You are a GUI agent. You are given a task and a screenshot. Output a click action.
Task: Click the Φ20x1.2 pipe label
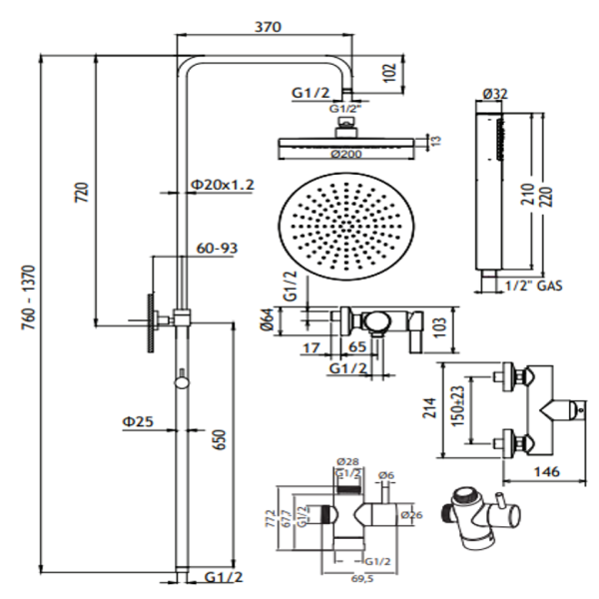[224, 185]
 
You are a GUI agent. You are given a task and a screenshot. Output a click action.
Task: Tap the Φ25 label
[138, 422]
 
